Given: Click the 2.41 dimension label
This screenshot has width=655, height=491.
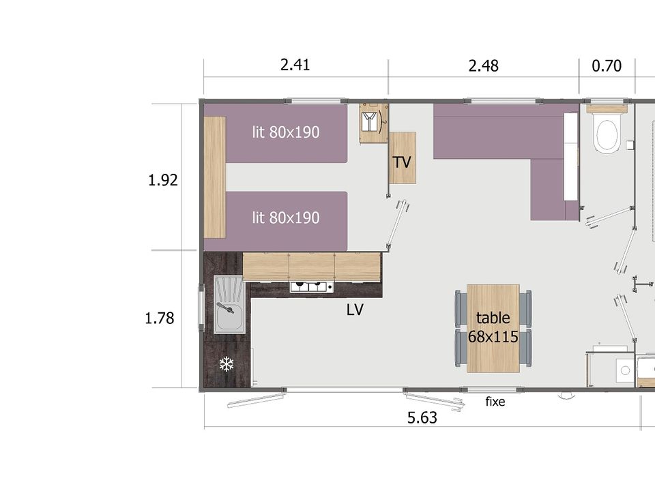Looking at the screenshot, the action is [295, 65].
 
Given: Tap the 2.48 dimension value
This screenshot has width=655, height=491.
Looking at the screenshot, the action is [483, 66].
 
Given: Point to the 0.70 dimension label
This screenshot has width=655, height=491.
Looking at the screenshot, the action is [607, 66].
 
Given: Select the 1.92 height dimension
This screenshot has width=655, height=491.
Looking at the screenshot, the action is [163, 180].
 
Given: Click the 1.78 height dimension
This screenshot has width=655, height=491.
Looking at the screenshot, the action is [159, 318].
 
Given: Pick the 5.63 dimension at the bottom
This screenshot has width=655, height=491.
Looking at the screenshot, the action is [422, 417].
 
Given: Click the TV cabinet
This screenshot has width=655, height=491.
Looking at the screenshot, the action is [403, 158].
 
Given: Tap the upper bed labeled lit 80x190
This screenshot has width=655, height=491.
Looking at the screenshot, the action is [286, 133].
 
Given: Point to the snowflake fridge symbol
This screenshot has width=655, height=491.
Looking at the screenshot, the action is [227, 364].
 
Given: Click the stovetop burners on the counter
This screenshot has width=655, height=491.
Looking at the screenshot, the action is [312, 287].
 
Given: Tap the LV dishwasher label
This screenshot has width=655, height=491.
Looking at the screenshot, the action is [355, 310].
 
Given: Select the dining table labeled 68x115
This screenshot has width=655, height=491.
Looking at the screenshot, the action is [493, 328].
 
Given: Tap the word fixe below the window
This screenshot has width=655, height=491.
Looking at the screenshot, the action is [495, 402].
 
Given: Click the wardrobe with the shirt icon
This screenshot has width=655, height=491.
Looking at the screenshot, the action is [373, 123].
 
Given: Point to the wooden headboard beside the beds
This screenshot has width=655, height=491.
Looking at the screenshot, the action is [215, 177].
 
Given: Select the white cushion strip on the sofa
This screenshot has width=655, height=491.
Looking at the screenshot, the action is [570, 157].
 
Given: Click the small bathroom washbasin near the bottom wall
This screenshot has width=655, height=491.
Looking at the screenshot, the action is [625, 370].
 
